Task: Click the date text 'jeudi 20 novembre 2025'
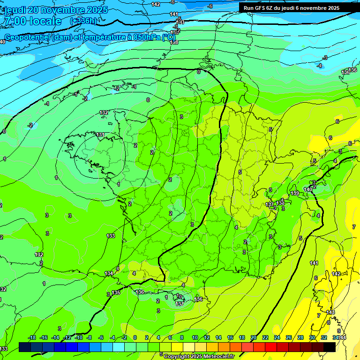[x=56, y=10]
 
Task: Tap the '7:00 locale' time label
[x=33, y=22]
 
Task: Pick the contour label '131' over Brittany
[x=100, y=135]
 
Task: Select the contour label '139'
[x=295, y=193]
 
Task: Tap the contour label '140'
[x=307, y=189]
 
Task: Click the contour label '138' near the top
[x=174, y=42]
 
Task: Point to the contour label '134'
[x=109, y=273]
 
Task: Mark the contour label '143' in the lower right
[x=330, y=312]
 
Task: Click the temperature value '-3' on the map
[x=325, y=58]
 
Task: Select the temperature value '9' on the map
[x=338, y=331]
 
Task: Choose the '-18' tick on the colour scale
[x=32, y=337]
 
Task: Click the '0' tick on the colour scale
[x=135, y=337]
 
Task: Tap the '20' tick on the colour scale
[x=254, y=337]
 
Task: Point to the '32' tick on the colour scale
[x=324, y=337]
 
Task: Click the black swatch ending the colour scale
[x=330, y=347]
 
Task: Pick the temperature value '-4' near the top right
[x=319, y=66]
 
